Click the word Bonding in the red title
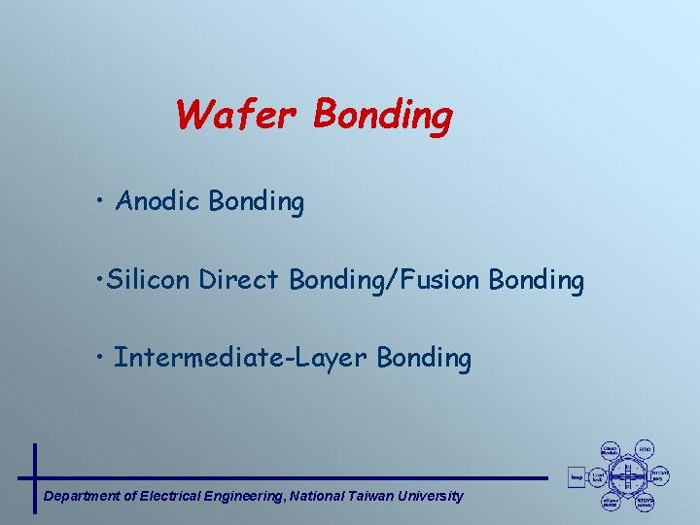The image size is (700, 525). [x=383, y=116]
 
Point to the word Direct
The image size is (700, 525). [x=242, y=281]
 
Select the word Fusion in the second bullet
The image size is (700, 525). [x=438, y=281]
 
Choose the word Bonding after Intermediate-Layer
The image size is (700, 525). [x=424, y=358]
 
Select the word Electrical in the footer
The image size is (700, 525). [x=171, y=496]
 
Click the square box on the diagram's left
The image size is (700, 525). [x=576, y=477]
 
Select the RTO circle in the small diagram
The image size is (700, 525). [x=646, y=449]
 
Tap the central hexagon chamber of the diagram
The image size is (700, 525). [x=628, y=477]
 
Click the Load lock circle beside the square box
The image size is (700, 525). [x=599, y=477]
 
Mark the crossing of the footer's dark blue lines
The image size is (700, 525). [x=35, y=477]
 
